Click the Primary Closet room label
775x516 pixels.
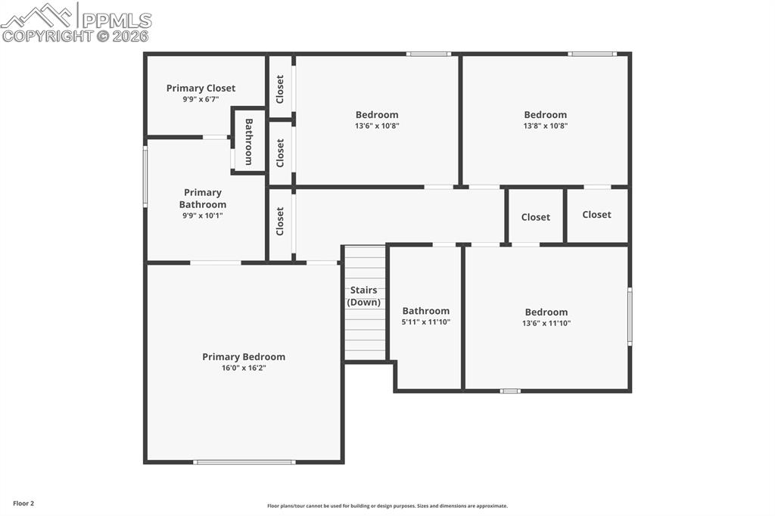click(x=201, y=88)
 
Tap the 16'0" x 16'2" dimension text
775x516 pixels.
click(x=244, y=368)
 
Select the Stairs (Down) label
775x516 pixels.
click(x=364, y=296)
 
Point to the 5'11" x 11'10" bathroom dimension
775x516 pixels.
click(x=425, y=322)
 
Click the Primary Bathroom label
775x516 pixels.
click(x=203, y=198)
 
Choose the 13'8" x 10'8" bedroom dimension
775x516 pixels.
click(x=545, y=126)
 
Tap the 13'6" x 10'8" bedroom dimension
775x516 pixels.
click(x=377, y=126)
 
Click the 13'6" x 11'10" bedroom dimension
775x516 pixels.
click(x=546, y=323)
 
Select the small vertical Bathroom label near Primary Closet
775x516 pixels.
click(x=248, y=141)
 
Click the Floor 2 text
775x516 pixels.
click(x=23, y=504)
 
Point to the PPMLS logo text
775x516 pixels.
click(x=117, y=20)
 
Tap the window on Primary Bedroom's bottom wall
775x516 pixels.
click(x=244, y=462)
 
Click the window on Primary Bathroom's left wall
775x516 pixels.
click(x=145, y=176)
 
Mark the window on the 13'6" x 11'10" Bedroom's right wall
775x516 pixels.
click(x=630, y=316)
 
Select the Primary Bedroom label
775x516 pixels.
click(x=244, y=357)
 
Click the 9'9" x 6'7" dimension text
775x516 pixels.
click(x=201, y=99)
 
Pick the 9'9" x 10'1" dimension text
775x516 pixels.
click(x=203, y=216)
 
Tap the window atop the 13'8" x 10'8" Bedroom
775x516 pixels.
click(x=592, y=54)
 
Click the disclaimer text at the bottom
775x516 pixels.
click(x=387, y=506)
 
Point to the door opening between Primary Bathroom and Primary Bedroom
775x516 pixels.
click(x=216, y=263)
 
